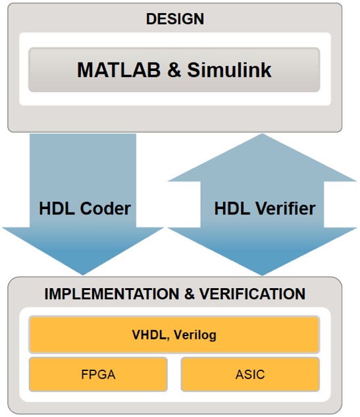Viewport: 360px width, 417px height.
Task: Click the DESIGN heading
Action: (x=175, y=19)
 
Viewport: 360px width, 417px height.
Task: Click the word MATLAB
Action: (x=118, y=70)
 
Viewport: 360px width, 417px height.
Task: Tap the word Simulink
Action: (x=229, y=70)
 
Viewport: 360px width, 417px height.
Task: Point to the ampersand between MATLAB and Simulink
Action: (x=174, y=70)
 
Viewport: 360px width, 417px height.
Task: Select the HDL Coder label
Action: (x=85, y=208)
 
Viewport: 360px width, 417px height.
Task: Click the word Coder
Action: (x=105, y=208)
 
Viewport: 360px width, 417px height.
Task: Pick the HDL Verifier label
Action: (x=265, y=208)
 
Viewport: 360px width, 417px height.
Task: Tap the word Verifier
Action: (x=286, y=208)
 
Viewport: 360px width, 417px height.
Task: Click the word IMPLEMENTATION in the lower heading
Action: (x=112, y=294)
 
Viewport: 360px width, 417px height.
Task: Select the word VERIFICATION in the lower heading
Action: (x=252, y=294)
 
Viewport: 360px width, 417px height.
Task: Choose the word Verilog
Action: (x=195, y=335)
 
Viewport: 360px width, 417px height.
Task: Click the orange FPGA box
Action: (x=98, y=374)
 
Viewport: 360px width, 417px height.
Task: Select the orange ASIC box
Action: (x=250, y=374)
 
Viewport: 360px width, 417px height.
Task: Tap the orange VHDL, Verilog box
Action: (x=174, y=335)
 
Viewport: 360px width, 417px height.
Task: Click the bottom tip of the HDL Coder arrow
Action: (x=83, y=275)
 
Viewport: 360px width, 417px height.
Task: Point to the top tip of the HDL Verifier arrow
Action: (x=262, y=134)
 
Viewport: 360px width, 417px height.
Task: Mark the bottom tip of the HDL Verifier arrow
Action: (x=262, y=276)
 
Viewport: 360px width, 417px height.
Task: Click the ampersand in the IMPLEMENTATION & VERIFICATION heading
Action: (x=189, y=294)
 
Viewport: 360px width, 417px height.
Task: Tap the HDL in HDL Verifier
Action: (x=234, y=208)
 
